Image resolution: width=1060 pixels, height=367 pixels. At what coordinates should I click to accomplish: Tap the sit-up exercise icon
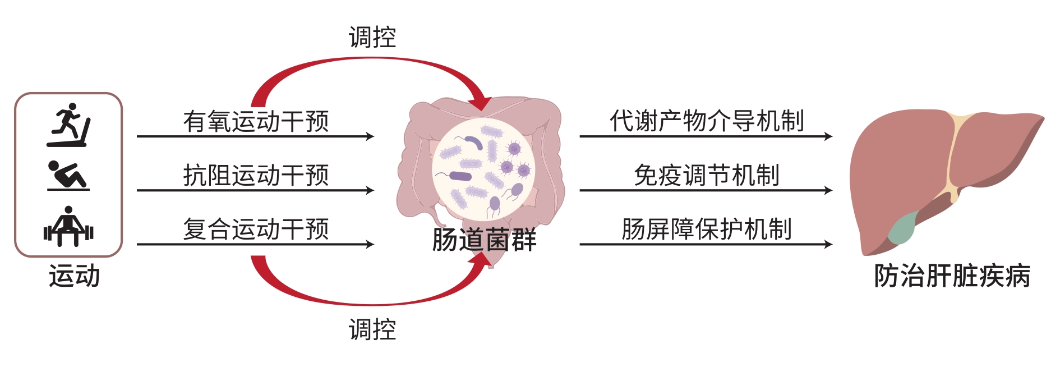tap(67, 176)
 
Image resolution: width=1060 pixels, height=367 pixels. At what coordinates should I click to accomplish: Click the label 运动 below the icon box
tap(74, 276)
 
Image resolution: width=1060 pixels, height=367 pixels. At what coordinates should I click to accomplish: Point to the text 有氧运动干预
tap(256, 121)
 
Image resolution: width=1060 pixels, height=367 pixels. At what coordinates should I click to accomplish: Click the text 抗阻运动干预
tap(256, 175)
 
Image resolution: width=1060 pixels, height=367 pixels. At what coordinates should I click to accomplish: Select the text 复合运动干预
tap(256, 229)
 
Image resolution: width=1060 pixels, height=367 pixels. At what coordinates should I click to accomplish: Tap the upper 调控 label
tap(372, 37)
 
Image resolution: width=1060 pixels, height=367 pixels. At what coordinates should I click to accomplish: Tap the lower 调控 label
tap(372, 329)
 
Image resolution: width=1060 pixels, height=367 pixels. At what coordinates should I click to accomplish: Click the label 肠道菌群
tap(484, 240)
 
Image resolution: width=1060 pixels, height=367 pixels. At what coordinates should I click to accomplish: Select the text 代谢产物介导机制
tap(707, 121)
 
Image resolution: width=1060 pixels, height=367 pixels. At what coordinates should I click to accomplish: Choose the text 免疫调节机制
tap(707, 175)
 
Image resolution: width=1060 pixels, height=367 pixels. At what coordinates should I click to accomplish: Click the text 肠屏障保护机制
tap(707, 229)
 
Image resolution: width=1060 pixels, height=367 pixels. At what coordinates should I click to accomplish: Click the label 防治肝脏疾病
tap(952, 276)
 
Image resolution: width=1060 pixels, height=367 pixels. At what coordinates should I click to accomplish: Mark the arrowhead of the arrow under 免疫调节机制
tap(828, 190)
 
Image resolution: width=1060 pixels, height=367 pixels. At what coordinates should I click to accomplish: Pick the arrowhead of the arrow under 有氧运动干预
tap(370, 136)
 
